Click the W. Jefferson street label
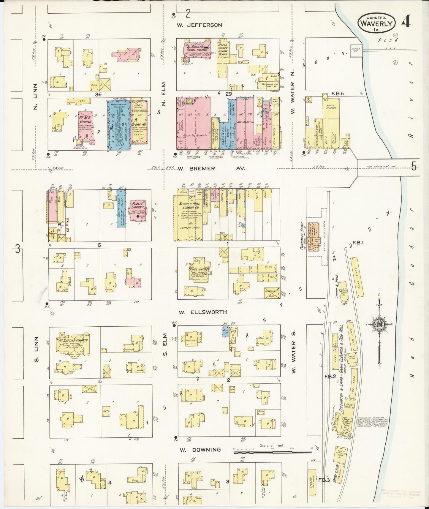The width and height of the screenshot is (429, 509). [200, 25]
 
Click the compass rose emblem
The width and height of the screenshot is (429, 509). [379, 325]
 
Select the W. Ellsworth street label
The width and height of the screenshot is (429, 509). [203, 312]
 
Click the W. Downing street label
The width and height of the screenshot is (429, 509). [200, 450]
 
